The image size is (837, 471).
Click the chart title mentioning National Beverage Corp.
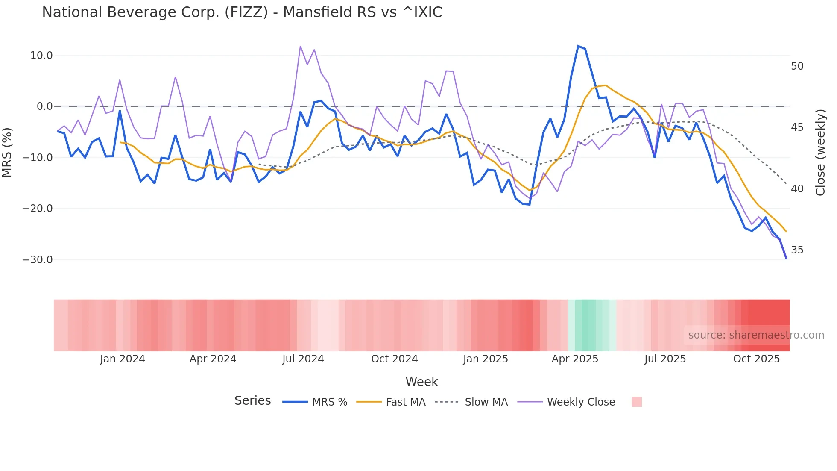[242, 12]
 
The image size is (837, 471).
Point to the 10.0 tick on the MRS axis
[41, 56]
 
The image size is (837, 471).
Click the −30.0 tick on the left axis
[38, 260]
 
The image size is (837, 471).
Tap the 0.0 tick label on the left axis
[44, 106]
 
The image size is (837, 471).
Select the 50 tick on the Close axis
[797, 66]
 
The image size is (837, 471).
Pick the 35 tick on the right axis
[797, 250]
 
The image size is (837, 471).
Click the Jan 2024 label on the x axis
[123, 359]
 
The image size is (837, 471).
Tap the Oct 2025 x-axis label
[756, 359]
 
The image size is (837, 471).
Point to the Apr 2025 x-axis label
[575, 359]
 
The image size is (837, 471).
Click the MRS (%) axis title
[7, 152]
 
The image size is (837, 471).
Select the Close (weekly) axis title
[820, 152]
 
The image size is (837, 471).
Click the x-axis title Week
[421, 382]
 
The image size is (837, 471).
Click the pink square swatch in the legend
[636, 402]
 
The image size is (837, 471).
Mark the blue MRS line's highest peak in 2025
[578, 46]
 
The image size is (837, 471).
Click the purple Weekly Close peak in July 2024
[301, 46]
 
